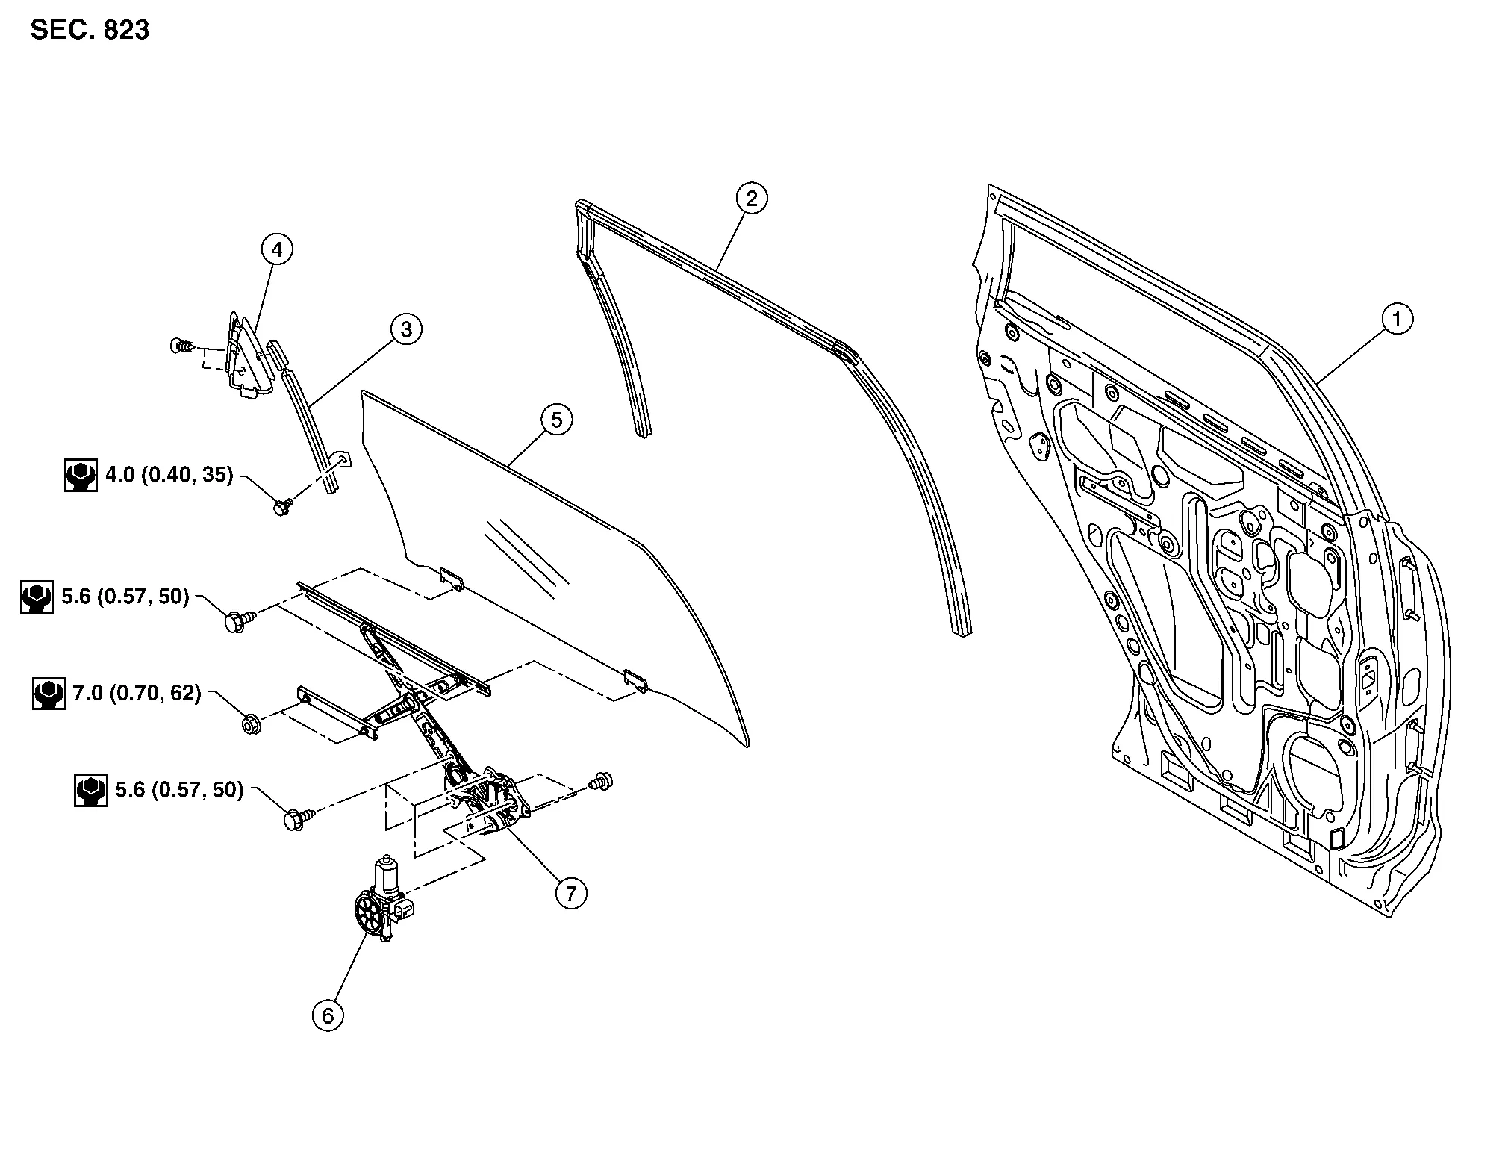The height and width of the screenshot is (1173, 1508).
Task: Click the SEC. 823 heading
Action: tap(90, 31)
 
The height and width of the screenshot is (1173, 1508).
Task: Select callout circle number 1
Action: tap(1397, 320)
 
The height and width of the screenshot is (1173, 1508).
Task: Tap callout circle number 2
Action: tap(751, 199)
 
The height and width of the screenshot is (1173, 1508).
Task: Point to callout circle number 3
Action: tap(406, 329)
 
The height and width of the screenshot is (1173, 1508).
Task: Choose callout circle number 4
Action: tap(277, 249)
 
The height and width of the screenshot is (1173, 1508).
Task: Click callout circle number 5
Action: tap(557, 420)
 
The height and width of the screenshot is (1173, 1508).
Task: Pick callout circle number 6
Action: tap(328, 1015)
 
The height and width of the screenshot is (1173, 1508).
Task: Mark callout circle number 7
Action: tap(571, 893)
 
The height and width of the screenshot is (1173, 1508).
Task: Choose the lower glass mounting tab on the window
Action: tap(636, 679)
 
